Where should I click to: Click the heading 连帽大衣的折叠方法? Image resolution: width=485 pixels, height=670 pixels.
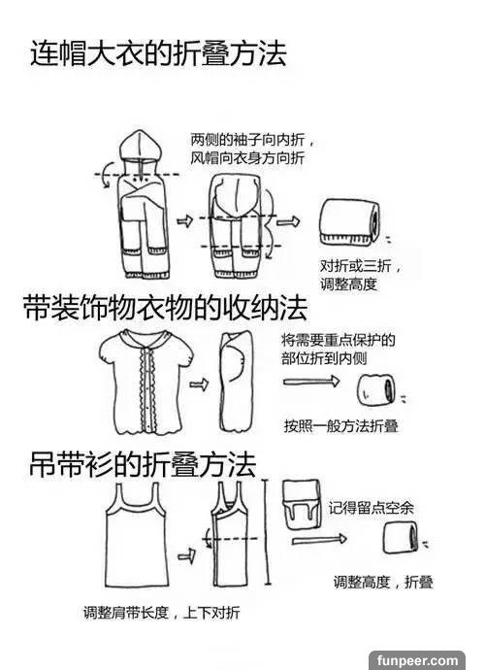(158, 53)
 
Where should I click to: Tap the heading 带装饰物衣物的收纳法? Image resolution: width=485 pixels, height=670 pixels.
(165, 308)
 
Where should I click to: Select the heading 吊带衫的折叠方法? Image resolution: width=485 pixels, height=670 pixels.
(143, 464)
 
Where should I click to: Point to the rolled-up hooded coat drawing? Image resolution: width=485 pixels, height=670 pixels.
(349, 222)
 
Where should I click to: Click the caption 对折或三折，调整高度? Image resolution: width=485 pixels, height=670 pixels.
(361, 275)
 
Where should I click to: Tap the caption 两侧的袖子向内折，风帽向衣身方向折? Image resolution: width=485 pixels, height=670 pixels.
(253, 149)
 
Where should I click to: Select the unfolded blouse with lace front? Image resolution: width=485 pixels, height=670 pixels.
(146, 382)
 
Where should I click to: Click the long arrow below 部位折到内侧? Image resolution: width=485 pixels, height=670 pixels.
(310, 381)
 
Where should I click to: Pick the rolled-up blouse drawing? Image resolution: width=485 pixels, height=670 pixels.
(375, 389)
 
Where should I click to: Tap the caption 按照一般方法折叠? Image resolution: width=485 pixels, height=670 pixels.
(341, 426)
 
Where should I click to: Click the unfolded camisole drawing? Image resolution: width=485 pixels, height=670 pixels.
(137, 535)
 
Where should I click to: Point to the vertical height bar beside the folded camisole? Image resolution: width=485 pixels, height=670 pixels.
(268, 532)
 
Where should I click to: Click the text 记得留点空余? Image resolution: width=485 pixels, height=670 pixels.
(371, 508)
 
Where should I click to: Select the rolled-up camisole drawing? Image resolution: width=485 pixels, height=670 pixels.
(400, 537)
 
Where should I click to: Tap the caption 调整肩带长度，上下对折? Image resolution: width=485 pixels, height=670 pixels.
(161, 613)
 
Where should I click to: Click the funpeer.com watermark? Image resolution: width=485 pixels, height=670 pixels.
(416, 660)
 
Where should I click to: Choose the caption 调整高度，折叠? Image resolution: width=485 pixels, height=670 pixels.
(383, 582)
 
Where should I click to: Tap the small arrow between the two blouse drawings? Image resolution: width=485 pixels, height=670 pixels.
(199, 385)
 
